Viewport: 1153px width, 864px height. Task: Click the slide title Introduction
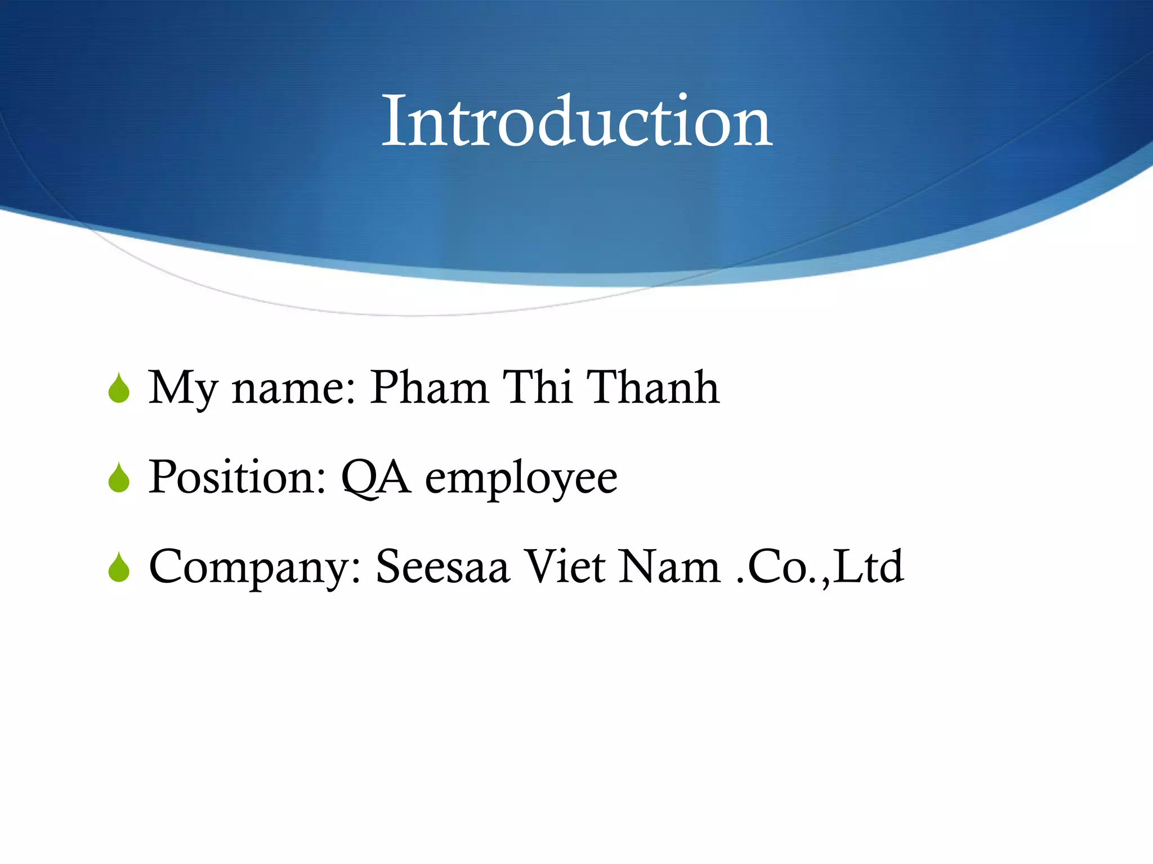click(x=576, y=121)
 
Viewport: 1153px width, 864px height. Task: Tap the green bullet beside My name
click(x=119, y=389)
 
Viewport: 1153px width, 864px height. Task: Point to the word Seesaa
click(x=443, y=566)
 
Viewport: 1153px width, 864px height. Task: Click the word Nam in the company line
click(x=669, y=566)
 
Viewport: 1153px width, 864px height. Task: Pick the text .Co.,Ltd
click(x=820, y=566)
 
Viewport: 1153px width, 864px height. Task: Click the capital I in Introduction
click(x=392, y=121)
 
